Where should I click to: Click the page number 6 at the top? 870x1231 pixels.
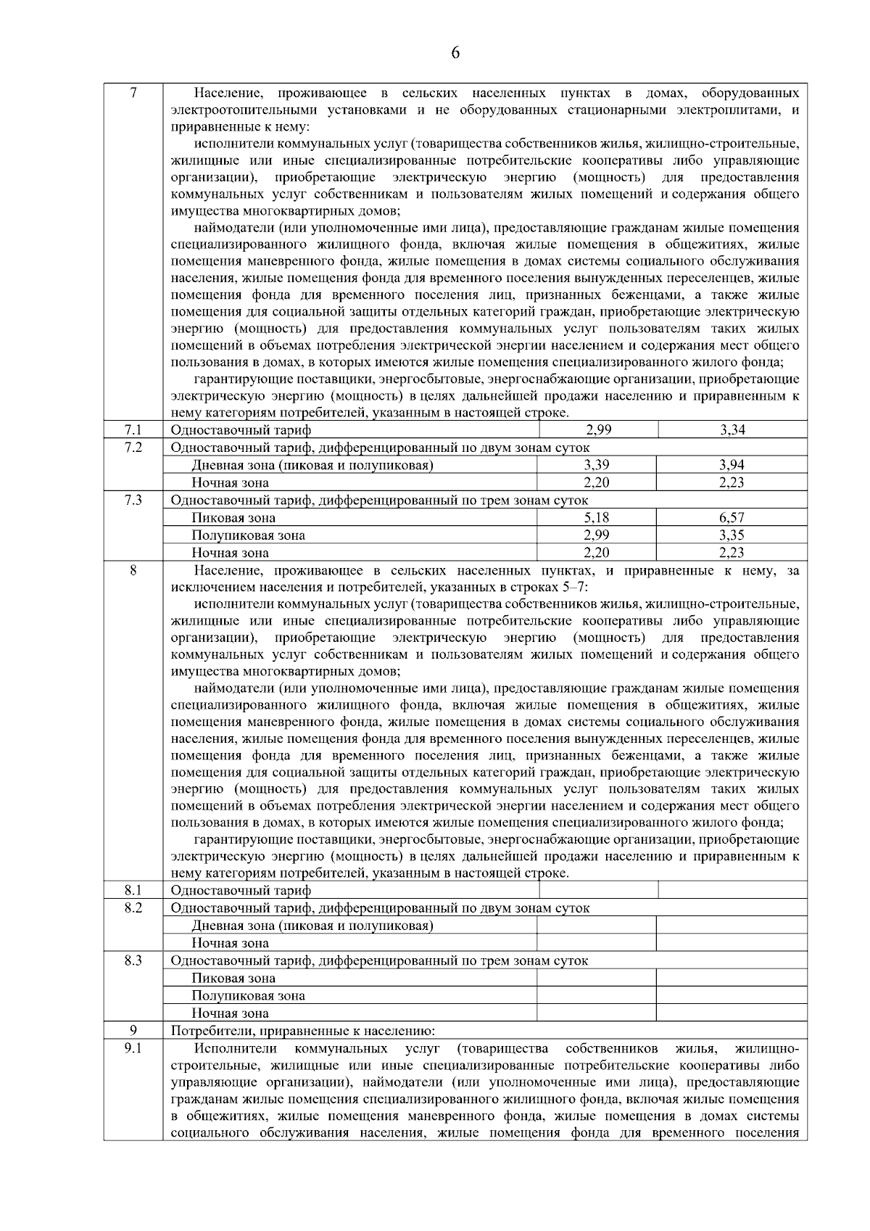(455, 52)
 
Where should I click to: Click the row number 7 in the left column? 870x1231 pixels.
(133, 94)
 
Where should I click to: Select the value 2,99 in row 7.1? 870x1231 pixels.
(598, 430)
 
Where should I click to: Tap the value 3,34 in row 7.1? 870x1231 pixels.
(732, 430)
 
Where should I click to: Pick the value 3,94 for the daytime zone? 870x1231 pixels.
(732, 465)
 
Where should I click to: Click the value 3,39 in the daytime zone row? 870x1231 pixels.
(597, 465)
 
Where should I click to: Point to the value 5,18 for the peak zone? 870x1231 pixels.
(597, 518)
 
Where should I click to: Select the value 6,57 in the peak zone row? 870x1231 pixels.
(732, 518)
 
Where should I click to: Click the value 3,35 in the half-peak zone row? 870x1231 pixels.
(732, 535)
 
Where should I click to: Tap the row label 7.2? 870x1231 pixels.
(133, 448)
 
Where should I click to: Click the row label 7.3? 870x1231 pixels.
(133, 501)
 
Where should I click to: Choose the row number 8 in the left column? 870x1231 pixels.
(133, 571)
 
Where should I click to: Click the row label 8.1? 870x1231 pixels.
(133, 890)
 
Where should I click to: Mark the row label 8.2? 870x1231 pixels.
(133, 907)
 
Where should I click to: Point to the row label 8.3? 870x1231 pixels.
(133, 960)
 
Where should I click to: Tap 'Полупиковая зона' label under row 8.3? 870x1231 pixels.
(248, 996)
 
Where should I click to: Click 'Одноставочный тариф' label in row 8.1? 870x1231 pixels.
(241, 891)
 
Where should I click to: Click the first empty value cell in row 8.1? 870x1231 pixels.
(598, 890)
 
